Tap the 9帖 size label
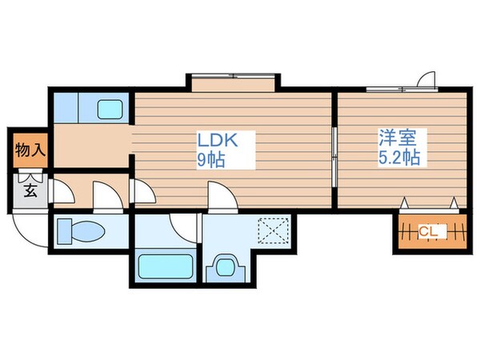click(211, 158)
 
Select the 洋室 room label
click(397, 137)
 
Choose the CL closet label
click(429, 232)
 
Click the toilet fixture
click(82, 232)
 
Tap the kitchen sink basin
click(107, 108)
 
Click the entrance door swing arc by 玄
click(29, 226)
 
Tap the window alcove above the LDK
click(234, 83)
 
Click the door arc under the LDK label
click(219, 196)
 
